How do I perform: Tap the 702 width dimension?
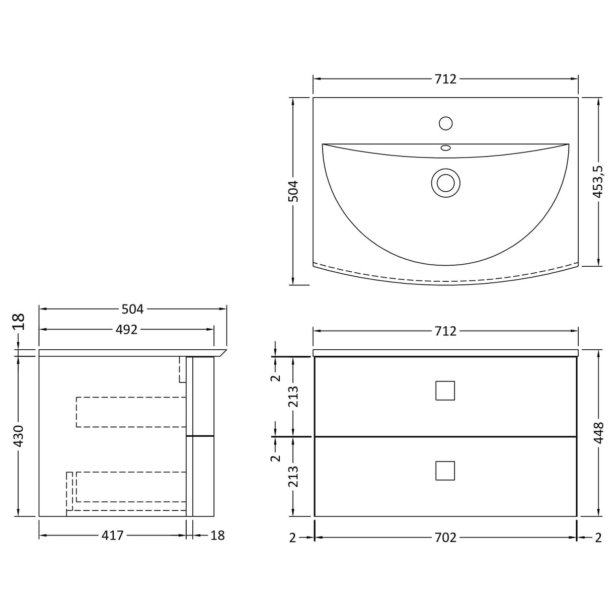[445, 537]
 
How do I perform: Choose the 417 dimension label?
[112, 535]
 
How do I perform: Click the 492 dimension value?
[126, 330]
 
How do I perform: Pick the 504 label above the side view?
[133, 309]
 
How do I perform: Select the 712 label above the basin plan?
[445, 79]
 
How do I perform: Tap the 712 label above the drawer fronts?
[445, 331]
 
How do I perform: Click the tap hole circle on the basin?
[445, 123]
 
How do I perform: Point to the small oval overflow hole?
[445, 148]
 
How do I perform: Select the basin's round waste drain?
[445, 182]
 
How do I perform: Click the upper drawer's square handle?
[445, 391]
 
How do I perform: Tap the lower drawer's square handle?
[445, 471]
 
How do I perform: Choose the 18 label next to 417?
[217, 535]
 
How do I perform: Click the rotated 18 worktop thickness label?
[19, 322]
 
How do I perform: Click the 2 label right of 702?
[598, 537]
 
